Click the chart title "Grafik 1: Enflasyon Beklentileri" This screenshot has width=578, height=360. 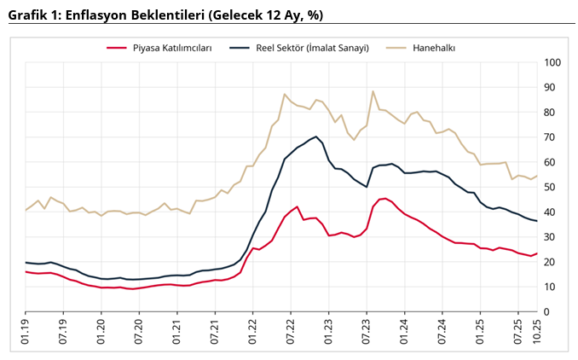pos(165,15)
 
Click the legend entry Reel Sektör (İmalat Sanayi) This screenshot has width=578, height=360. pos(309,49)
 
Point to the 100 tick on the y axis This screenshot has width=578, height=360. pos(552,62)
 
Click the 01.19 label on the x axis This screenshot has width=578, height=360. pos(26,334)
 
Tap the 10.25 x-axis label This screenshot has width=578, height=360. pos(537,334)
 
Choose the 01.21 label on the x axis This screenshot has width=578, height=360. pos(177,334)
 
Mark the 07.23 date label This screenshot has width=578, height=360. pos(367,334)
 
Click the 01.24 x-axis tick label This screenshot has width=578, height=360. pos(404,334)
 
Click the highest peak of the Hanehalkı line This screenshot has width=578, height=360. pos(373,91)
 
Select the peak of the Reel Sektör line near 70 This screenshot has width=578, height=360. pos(316,136)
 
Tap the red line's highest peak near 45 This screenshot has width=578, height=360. pos(385,198)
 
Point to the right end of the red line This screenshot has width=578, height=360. pos(537,253)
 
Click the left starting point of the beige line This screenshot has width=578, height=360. pos(26,210)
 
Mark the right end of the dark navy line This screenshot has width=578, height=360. pos(537,221)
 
